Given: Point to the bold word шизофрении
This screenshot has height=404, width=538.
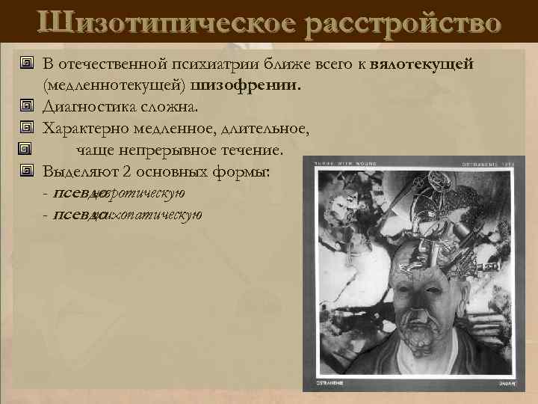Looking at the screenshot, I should tap(257, 85).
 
